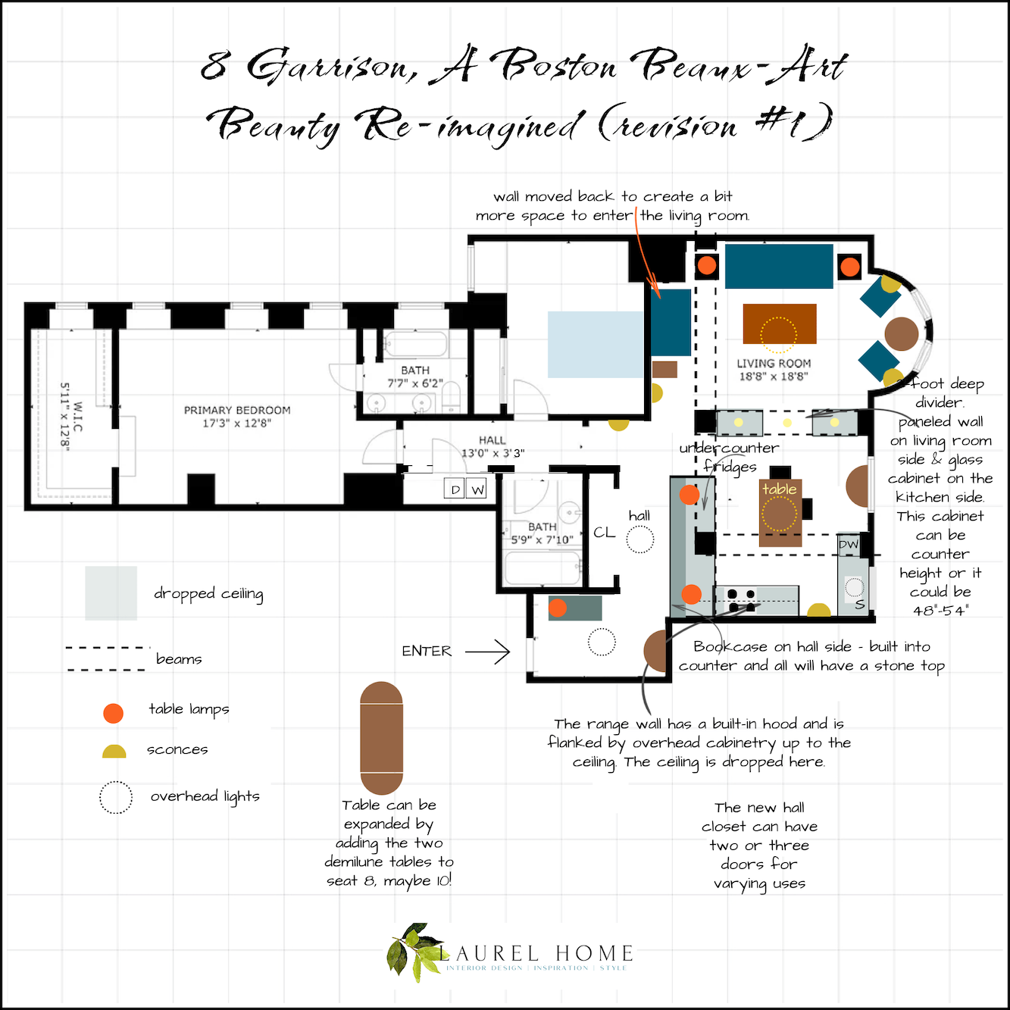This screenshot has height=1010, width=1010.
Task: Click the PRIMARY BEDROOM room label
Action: pyautogui.click(x=237, y=416)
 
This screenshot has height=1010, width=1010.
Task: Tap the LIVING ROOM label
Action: pyautogui.click(x=774, y=370)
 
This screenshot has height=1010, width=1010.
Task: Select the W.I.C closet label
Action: pyautogui.click(x=72, y=417)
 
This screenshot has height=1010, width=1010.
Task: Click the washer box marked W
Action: pyautogui.click(x=477, y=489)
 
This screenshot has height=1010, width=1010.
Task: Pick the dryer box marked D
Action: pyautogui.click(x=455, y=489)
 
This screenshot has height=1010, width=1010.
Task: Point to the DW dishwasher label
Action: pyautogui.click(x=848, y=544)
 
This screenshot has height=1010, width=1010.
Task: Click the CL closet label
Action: pyautogui.click(x=604, y=533)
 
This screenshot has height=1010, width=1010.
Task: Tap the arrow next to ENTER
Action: pyautogui.click(x=487, y=652)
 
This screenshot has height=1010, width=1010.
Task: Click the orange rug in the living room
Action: pyautogui.click(x=780, y=324)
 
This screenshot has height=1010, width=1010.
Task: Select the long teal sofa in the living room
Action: pyautogui.click(x=779, y=266)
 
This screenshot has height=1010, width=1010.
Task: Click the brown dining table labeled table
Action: pyautogui.click(x=780, y=513)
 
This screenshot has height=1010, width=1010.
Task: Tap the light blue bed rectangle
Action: pyautogui.click(x=596, y=344)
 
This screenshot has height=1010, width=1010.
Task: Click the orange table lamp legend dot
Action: pyautogui.click(x=113, y=713)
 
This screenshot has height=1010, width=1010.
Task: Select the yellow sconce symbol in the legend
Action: pyautogui.click(x=114, y=752)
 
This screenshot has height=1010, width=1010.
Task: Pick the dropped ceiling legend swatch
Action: pyautogui.click(x=111, y=593)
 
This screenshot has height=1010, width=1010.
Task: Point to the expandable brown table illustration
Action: pyautogui.click(x=382, y=738)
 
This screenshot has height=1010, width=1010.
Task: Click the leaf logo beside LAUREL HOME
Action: pyautogui.click(x=412, y=952)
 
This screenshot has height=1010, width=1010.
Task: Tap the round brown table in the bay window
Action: pyautogui.click(x=902, y=333)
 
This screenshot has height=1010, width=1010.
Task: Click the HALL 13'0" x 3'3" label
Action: pyautogui.click(x=492, y=446)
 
